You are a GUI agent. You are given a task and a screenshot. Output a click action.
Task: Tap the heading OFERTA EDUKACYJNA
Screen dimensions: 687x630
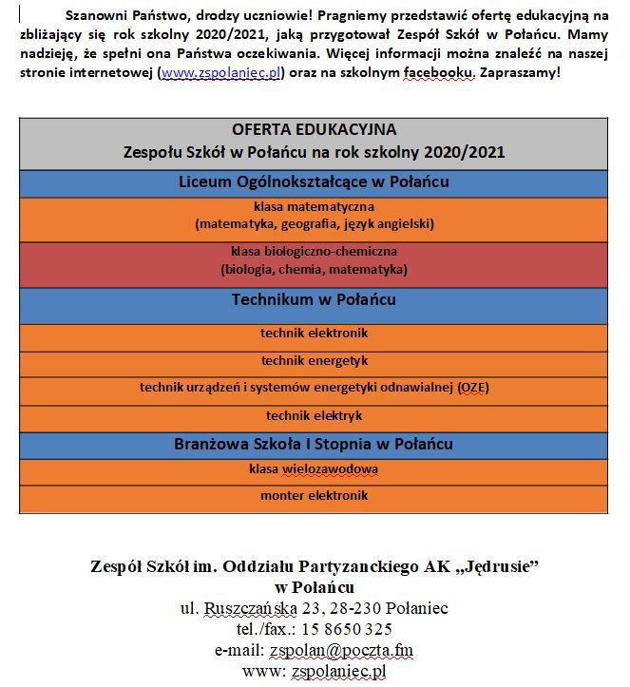pos(314,130)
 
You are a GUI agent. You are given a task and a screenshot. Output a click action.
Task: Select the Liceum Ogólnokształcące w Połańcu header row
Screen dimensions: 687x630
pos(314,181)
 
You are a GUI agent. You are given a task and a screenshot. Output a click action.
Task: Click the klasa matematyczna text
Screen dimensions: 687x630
pos(314,206)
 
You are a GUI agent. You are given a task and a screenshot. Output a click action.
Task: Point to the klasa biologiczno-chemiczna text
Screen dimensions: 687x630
pos(314,252)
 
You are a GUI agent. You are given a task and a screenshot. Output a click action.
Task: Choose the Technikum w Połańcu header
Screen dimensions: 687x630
pos(314,300)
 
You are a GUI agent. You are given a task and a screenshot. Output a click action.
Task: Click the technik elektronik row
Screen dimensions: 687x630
pos(314,334)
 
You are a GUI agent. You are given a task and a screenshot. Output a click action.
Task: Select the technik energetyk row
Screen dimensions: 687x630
pos(314,361)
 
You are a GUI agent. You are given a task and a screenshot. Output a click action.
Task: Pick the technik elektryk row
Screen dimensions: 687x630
pos(314,415)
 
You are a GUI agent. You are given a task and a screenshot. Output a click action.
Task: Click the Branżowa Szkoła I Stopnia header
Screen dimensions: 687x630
pos(314,444)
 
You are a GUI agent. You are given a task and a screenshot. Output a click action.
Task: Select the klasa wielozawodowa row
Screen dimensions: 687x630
pos(314,469)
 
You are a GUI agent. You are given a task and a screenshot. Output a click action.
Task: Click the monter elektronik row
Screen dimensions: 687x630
pos(314,496)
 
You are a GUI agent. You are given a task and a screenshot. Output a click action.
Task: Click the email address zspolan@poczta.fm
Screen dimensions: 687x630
pos(340,650)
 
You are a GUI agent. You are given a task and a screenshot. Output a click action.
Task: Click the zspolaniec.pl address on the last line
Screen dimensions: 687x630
pos(338,671)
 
